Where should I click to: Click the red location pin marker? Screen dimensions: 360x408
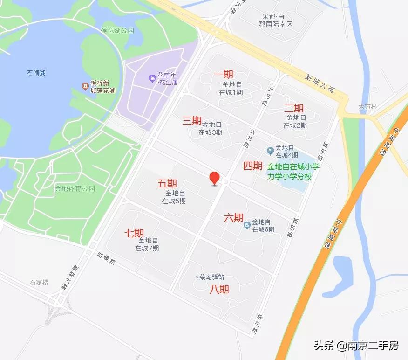(x=214, y=178)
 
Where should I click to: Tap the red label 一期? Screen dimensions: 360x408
(x=224, y=75)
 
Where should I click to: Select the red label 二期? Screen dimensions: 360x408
(x=294, y=108)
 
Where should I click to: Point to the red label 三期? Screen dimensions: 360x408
(x=191, y=121)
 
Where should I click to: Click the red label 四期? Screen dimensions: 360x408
(x=253, y=166)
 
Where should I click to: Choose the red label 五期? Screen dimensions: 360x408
(x=167, y=183)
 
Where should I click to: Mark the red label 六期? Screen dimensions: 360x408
(x=233, y=218)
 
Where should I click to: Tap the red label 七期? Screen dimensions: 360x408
(x=134, y=233)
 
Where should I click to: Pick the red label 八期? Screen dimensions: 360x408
(x=219, y=289)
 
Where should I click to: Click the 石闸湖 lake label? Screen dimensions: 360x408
(x=36, y=73)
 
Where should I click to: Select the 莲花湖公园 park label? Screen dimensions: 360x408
(x=117, y=31)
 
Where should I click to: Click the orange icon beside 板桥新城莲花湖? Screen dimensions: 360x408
(x=85, y=86)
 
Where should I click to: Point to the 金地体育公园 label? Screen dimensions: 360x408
(x=75, y=189)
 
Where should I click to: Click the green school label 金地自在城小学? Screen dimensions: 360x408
(x=293, y=167)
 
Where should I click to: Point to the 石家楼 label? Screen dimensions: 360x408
(x=39, y=282)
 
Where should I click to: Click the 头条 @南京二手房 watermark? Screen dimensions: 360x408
(x=356, y=346)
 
